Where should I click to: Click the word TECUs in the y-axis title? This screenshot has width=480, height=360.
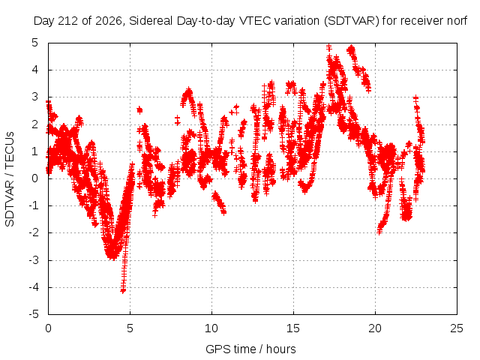point(10,150)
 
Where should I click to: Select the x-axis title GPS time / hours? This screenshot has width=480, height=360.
point(250,349)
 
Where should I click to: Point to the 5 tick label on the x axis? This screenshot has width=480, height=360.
point(130,328)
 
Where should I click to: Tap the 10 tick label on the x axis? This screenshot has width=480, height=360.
point(211,328)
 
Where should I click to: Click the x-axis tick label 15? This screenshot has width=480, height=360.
point(293,328)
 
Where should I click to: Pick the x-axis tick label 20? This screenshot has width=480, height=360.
point(375,328)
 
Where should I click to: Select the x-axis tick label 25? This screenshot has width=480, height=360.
point(457,328)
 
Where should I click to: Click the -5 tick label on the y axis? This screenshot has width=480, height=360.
point(34,314)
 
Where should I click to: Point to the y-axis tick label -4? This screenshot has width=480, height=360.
point(34,287)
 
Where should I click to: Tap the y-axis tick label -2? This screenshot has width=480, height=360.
point(34,233)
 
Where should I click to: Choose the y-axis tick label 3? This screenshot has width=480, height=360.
point(35,97)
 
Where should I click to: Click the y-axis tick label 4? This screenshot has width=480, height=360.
point(35,70)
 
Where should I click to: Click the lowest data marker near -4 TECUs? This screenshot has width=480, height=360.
point(123,290)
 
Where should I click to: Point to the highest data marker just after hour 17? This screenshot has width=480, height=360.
point(329,47)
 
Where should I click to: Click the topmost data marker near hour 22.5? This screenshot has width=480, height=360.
point(415,98)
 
